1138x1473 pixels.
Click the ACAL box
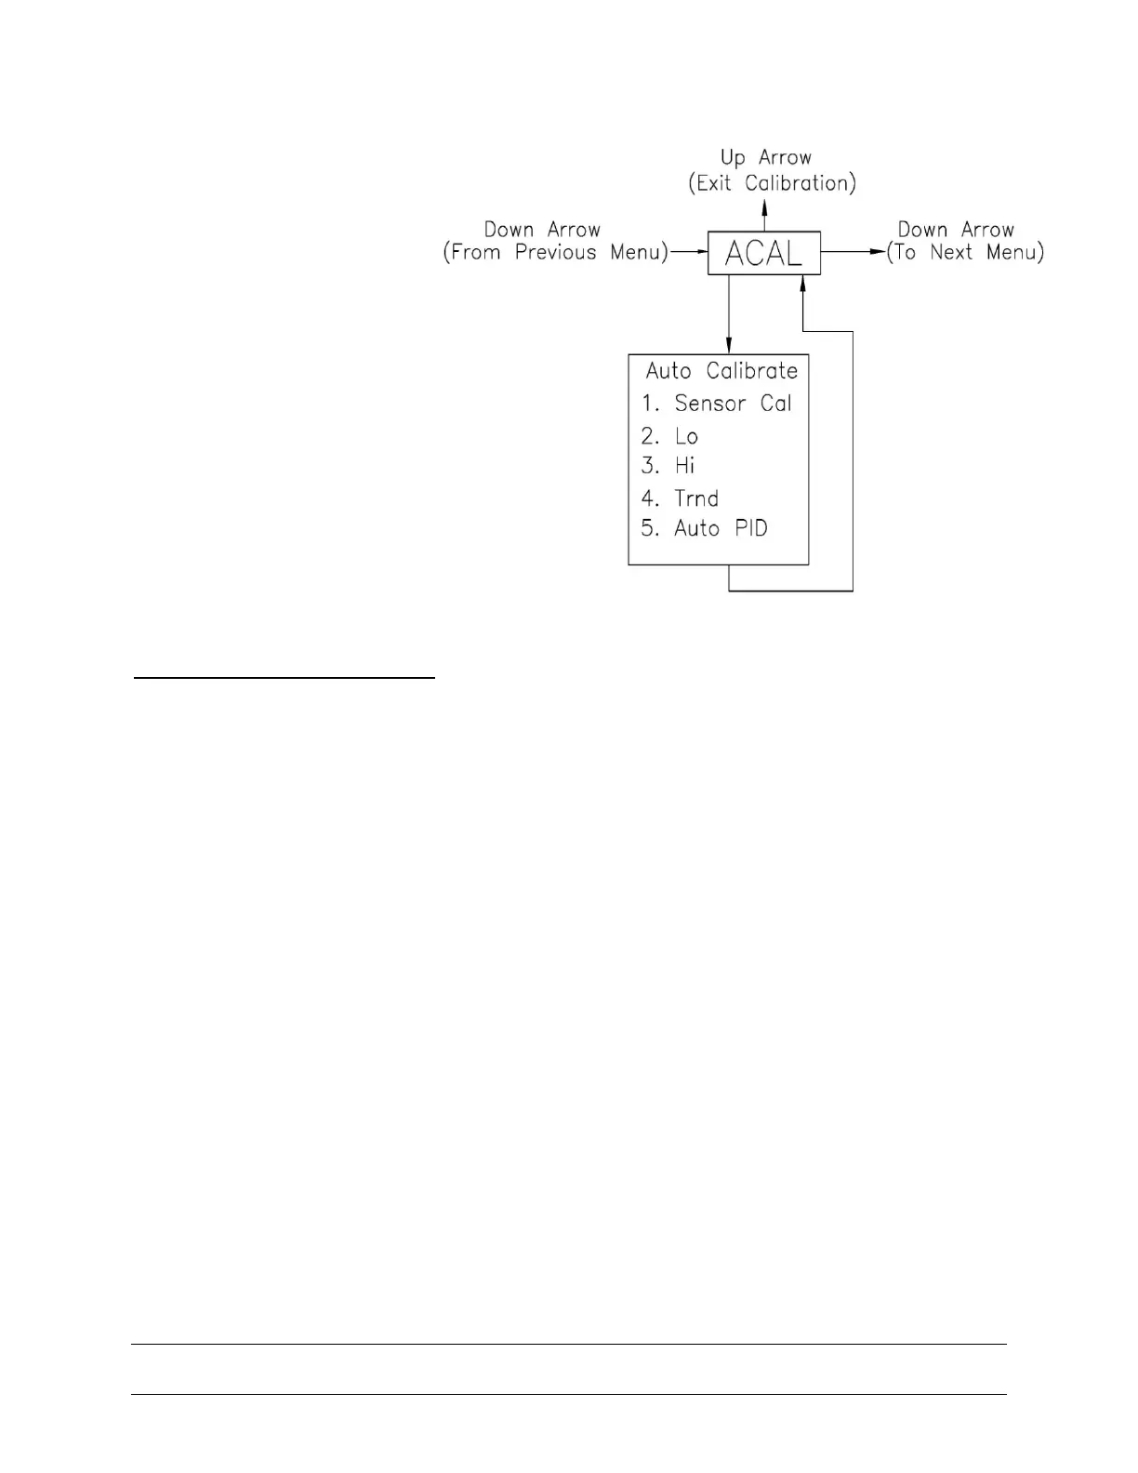(763, 253)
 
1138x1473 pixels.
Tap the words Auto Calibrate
(721, 371)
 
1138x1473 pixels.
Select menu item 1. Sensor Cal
(716, 404)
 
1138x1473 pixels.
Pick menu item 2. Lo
(669, 436)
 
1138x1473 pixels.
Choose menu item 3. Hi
(668, 466)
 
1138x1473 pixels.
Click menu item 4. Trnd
(680, 498)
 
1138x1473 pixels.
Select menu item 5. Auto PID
(704, 528)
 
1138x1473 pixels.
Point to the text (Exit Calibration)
(772, 183)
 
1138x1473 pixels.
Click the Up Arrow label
(766, 157)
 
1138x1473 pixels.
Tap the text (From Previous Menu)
(556, 253)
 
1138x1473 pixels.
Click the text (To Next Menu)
(965, 252)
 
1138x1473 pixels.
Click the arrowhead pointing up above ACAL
(764, 212)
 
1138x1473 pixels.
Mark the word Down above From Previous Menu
(509, 230)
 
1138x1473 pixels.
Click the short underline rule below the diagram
(284, 680)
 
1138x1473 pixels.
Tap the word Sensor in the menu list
(710, 404)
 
